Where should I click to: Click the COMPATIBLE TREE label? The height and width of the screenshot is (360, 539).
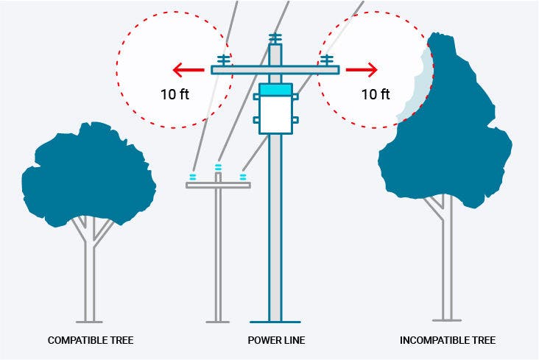pyautogui.click(x=91, y=340)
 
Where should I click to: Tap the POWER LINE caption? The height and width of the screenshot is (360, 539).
pyautogui.click(x=276, y=340)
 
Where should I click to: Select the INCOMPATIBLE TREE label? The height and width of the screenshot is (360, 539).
pyautogui.click(x=448, y=340)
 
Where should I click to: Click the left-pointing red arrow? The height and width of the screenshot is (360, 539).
pyautogui.click(x=188, y=71)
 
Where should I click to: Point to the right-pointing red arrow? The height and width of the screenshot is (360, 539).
pyautogui.click(x=362, y=71)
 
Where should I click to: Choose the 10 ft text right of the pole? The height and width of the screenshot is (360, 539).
pyautogui.click(x=376, y=93)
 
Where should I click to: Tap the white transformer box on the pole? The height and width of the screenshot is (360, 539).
pyautogui.click(x=276, y=115)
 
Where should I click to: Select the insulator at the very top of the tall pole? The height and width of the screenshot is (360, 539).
pyautogui.click(x=275, y=38)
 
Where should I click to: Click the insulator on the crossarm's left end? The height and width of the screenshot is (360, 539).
pyautogui.click(x=222, y=60)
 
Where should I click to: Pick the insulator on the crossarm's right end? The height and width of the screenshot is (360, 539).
pyautogui.click(x=328, y=60)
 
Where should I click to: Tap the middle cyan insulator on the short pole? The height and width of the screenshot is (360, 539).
pyautogui.click(x=218, y=168)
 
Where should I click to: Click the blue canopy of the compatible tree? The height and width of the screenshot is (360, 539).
pyautogui.click(x=88, y=173)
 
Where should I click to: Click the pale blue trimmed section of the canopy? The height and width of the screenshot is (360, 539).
pyautogui.click(x=417, y=88)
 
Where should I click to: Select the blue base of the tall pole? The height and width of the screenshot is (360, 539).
pyautogui.click(x=275, y=322)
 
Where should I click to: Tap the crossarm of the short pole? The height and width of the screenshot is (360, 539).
pyautogui.click(x=218, y=185)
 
